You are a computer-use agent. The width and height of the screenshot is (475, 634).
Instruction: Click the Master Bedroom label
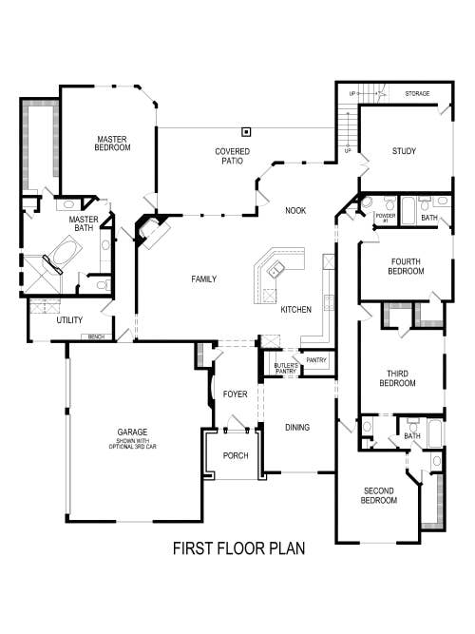pyautogui.click(x=113, y=144)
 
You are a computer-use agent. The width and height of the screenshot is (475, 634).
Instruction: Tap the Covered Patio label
pyautogui.click(x=232, y=156)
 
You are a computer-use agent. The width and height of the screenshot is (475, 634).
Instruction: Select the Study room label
pyautogui.click(x=405, y=151)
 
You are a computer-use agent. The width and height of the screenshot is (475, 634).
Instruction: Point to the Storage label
pyautogui.click(x=417, y=94)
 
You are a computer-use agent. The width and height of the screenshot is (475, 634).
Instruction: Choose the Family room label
pyautogui.click(x=203, y=279)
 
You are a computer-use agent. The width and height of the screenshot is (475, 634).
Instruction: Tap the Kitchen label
pyautogui.click(x=295, y=310)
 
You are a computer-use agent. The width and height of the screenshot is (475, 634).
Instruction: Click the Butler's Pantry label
pyautogui.click(x=286, y=368)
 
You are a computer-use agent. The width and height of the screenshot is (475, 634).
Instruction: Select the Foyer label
pyautogui.click(x=235, y=394)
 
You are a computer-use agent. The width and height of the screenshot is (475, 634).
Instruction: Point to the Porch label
pyautogui.click(x=235, y=455)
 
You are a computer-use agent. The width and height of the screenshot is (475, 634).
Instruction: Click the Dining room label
pyautogui.click(x=297, y=427)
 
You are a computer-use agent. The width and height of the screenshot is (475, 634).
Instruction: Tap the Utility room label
pyautogui.click(x=69, y=320)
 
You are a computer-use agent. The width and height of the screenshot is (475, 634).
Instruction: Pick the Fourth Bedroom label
pyautogui.click(x=406, y=265)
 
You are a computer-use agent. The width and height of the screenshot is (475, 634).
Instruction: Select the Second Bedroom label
pyautogui.click(x=379, y=495)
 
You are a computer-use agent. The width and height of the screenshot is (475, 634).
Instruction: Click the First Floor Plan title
pyautogui.click(x=238, y=548)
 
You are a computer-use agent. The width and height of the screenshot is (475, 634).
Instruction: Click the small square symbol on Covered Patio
pyautogui.click(x=246, y=131)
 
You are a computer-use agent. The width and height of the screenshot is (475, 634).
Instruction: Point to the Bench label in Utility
pyautogui.click(x=95, y=336)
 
